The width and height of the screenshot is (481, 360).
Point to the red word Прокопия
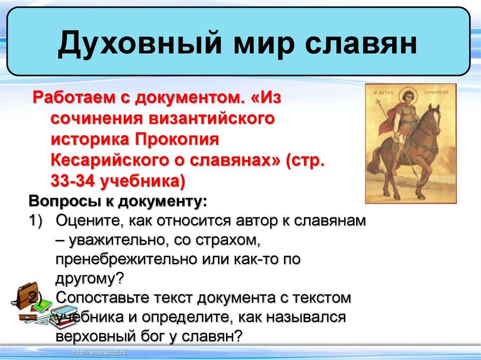coord(177,139)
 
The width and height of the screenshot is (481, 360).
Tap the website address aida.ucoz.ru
coord(100,352)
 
